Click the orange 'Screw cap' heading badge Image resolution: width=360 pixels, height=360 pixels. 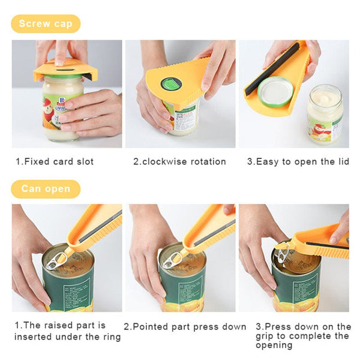tap(45, 24)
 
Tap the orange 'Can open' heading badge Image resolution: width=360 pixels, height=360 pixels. tap(45, 189)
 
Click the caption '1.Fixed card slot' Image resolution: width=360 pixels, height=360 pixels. tap(55, 161)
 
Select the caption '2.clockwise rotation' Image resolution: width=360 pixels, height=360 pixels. tap(179, 161)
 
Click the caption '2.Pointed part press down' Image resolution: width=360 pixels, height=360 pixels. tap(185, 327)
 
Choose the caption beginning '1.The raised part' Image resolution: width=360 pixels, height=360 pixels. tap(67, 331)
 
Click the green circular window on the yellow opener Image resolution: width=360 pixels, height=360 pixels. tap(172, 84)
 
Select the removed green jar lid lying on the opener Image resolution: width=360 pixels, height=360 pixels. tap(276, 92)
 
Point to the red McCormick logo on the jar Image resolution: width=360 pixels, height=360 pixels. tap(49, 91)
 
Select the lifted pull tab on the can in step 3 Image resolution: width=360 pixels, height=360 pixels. tap(282, 251)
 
